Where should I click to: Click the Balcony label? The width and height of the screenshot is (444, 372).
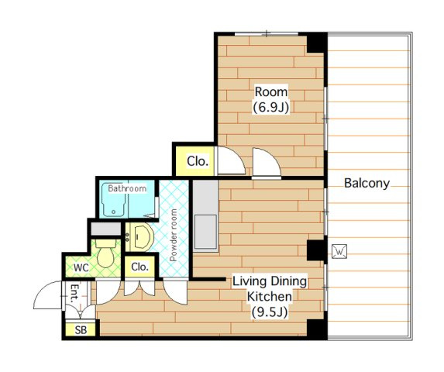[367, 183]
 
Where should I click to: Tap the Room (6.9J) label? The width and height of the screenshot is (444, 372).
[271, 100]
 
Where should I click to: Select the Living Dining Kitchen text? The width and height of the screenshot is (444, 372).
[270, 289]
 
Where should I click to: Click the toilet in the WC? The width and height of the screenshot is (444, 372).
[105, 253]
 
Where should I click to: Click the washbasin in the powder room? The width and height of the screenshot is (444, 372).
[139, 237]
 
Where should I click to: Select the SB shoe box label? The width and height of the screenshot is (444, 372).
[81, 330]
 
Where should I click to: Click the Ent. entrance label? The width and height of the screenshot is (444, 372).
[74, 293]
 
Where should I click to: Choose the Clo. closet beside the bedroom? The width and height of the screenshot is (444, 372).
[198, 161]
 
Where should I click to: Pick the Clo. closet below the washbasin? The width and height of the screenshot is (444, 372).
[140, 267]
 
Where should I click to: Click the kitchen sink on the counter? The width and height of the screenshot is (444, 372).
[205, 232]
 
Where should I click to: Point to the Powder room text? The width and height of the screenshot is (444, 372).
[174, 235]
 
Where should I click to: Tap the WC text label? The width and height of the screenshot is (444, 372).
[81, 267]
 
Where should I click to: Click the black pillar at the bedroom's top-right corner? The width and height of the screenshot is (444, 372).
[317, 43]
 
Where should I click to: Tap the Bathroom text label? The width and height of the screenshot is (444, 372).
[127, 188]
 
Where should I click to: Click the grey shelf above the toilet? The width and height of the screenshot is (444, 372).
[106, 229]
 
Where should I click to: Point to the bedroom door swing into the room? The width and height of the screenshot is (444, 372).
[267, 163]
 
